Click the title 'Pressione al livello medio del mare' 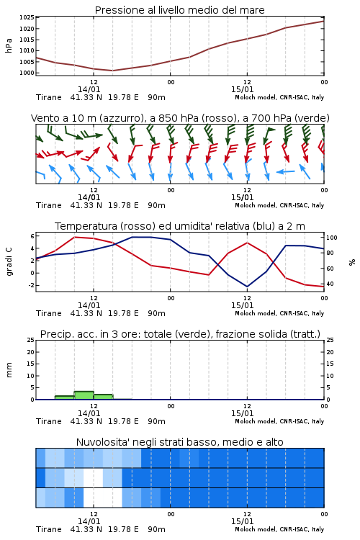[x=179, y=10]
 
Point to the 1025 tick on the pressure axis [x=27, y=17]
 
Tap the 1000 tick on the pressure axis [x=27, y=73]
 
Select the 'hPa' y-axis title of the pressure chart [x=9, y=45]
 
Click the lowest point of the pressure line [x=112, y=71]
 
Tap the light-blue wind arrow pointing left [x=286, y=171]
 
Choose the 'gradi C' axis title [x=9, y=261]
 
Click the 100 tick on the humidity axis [x=331, y=238]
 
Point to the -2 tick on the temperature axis [x=31, y=285]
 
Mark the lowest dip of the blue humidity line [x=247, y=286]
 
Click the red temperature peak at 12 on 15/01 [x=247, y=243]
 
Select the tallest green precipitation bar [x=84, y=395]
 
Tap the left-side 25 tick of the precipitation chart [x=31, y=340]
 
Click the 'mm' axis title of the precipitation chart [x=9, y=370]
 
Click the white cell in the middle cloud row [x=93, y=477]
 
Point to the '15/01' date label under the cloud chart [x=242, y=521]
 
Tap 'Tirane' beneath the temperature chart [x=48, y=313]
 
